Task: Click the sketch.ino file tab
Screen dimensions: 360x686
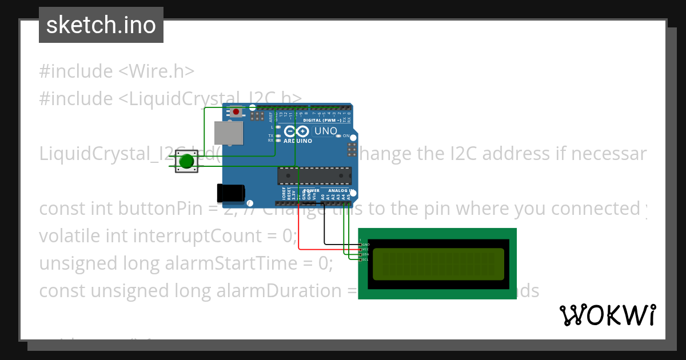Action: [x=101, y=25]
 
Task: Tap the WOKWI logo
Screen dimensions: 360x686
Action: [x=607, y=315]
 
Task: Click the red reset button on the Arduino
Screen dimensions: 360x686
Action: [x=236, y=111]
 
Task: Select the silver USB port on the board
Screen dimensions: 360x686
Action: [x=228, y=133]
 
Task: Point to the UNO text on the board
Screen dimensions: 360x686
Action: [x=326, y=131]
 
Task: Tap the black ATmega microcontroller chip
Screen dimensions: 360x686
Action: [x=314, y=175]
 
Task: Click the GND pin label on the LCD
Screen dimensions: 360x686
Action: [x=365, y=245]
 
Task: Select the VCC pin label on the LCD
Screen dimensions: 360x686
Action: [x=365, y=250]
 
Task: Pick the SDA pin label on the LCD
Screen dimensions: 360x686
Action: [x=365, y=255]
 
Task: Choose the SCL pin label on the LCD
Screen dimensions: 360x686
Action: [x=365, y=260]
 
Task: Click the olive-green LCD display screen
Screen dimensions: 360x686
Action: [x=438, y=264]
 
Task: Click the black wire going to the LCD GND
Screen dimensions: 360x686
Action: [x=325, y=229]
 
